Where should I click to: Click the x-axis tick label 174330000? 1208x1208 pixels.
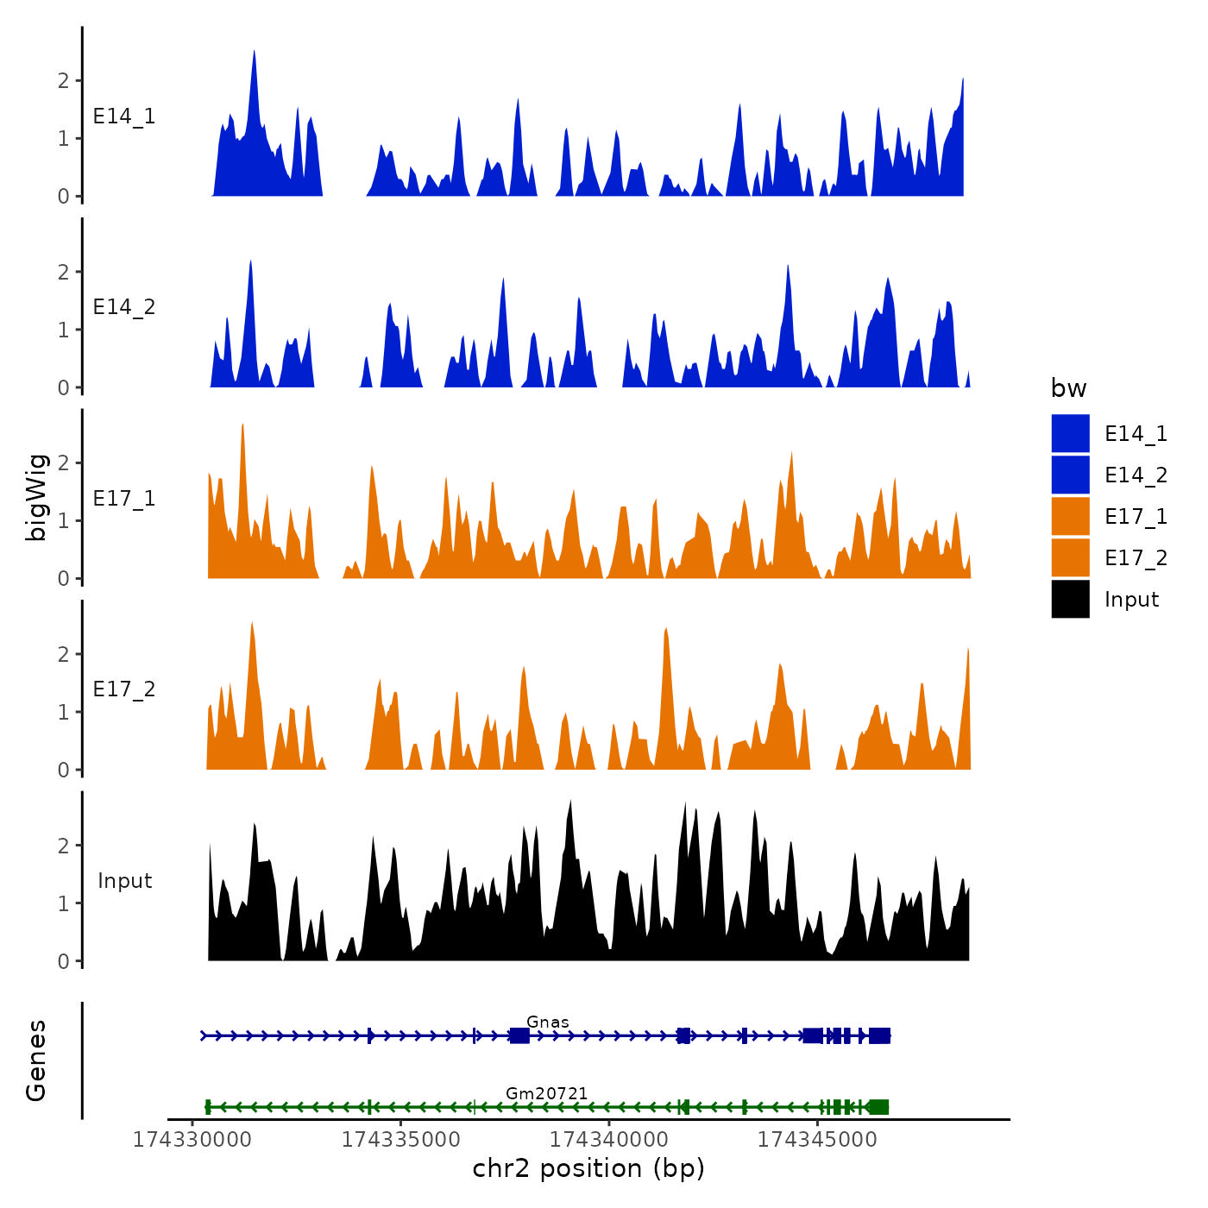tap(192, 1140)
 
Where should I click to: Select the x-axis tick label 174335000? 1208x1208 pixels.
tap(401, 1140)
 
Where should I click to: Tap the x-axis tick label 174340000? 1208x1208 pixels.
tap(609, 1140)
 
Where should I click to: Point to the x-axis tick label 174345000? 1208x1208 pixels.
tap(817, 1140)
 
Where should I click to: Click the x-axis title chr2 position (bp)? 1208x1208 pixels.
tap(588, 1168)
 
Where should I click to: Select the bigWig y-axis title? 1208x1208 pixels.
tap(36, 497)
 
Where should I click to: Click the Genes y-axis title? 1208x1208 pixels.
tap(36, 1060)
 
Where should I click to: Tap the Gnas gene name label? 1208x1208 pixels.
tap(548, 1022)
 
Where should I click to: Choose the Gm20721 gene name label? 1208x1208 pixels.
tap(547, 1093)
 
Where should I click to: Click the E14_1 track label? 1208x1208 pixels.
tap(124, 116)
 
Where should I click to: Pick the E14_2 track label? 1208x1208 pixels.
tap(124, 307)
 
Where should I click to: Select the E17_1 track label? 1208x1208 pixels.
tap(124, 499)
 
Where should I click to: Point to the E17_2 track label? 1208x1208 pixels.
tap(124, 689)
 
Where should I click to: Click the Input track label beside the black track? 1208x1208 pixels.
tap(124, 881)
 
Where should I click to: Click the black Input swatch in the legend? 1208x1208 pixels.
tap(1070, 600)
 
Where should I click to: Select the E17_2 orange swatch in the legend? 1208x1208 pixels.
tap(1070, 558)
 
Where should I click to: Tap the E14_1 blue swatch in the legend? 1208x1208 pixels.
tap(1070, 433)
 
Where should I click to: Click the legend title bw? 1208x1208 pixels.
tap(1068, 389)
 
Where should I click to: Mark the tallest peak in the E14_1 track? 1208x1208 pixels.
tap(254, 52)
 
